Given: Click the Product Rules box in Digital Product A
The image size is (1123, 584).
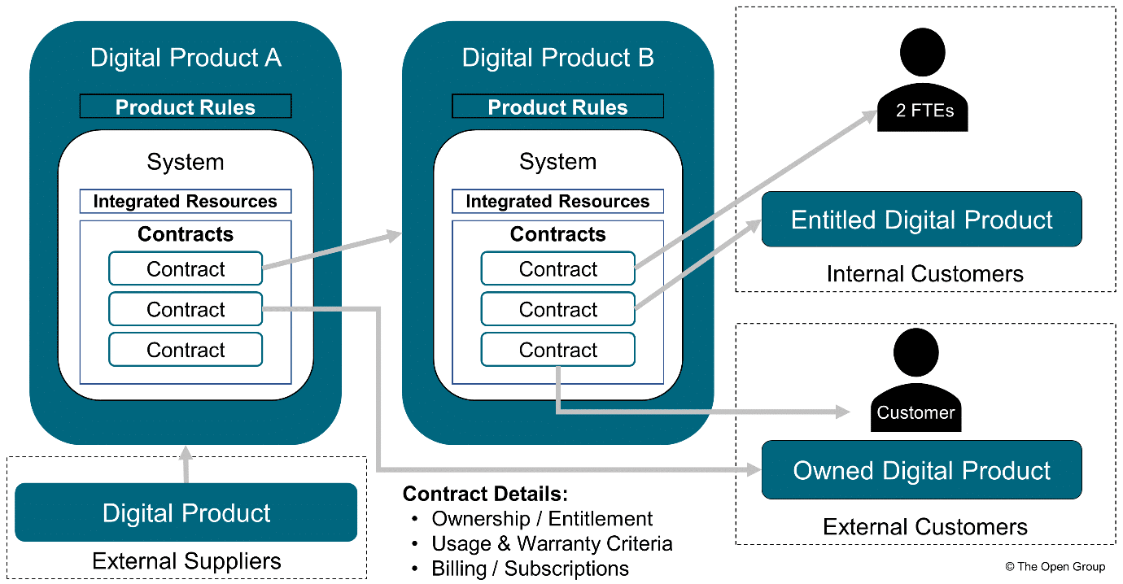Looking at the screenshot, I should (x=186, y=107).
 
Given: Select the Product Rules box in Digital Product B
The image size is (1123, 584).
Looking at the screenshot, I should (x=557, y=107).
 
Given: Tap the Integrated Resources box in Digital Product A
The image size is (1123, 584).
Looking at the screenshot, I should (x=186, y=202).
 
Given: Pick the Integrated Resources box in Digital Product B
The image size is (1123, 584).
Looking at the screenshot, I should (x=557, y=202).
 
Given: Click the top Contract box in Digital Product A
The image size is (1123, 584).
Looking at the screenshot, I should (x=186, y=269).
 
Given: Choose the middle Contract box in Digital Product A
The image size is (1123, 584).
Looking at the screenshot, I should (x=186, y=310).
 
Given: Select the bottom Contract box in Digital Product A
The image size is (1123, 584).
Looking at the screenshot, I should (x=186, y=350).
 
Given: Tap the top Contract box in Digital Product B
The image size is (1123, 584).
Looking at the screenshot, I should (x=557, y=269).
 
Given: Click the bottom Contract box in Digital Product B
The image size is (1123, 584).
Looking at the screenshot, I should (x=557, y=350).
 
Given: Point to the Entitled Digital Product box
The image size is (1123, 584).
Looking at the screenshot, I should (x=921, y=220).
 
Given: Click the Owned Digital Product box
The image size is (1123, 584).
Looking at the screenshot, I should (x=921, y=471).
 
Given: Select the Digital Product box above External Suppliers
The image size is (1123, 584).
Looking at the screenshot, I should (x=186, y=513).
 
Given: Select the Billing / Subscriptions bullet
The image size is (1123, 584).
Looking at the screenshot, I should (x=530, y=568).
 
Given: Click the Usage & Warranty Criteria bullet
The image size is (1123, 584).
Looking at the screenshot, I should (x=552, y=543).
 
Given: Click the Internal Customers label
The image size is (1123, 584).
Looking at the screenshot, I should (x=924, y=274).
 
